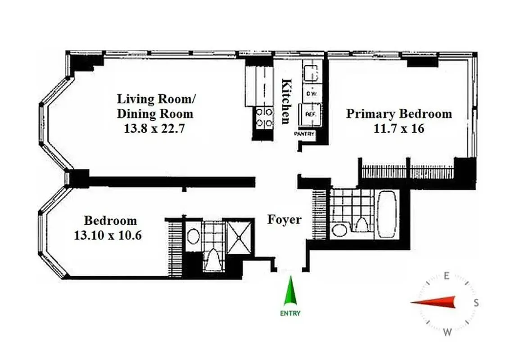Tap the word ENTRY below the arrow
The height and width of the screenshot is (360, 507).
click(x=291, y=313)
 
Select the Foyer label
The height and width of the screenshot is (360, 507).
click(x=284, y=220)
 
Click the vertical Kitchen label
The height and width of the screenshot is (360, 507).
click(x=285, y=101)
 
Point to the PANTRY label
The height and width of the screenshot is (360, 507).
click(x=304, y=134)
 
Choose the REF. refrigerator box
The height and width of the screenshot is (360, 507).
click(x=310, y=114)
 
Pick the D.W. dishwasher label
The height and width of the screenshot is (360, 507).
click(x=310, y=94)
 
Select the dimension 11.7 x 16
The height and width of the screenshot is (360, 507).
click(x=399, y=129)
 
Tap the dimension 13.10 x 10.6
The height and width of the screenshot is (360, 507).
click(x=108, y=235)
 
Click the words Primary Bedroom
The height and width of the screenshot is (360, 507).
click(x=398, y=113)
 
